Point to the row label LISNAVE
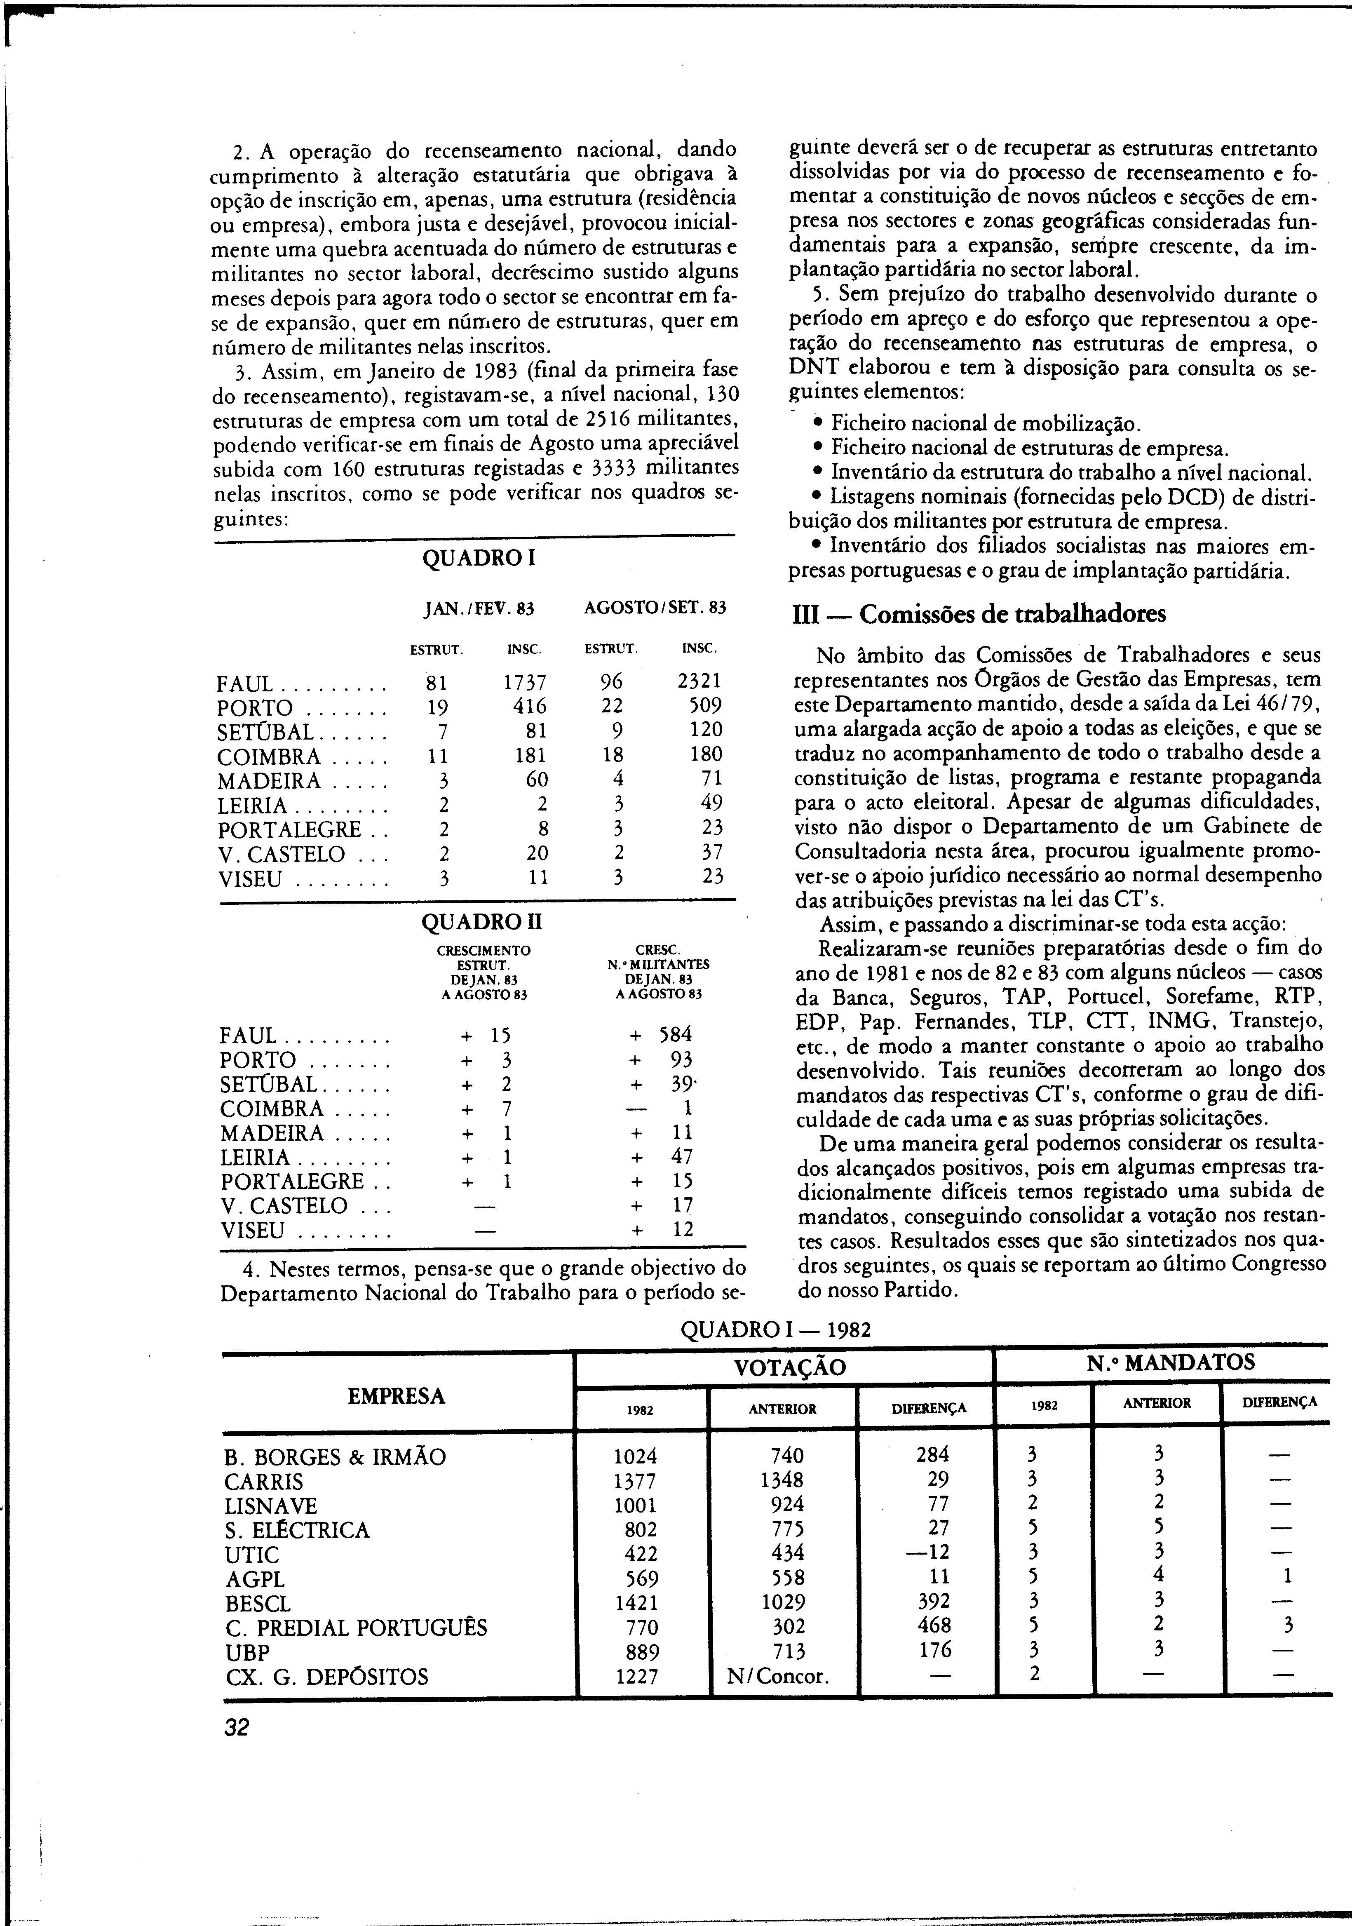pyautogui.click(x=271, y=1506)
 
